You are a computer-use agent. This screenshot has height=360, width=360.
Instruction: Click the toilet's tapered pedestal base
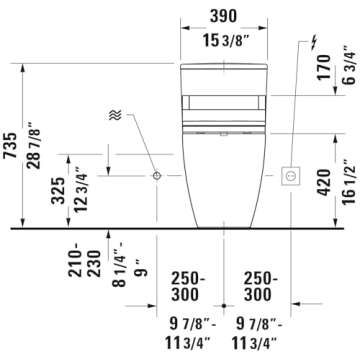222,195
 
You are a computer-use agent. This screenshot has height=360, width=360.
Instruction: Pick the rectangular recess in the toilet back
222,100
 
